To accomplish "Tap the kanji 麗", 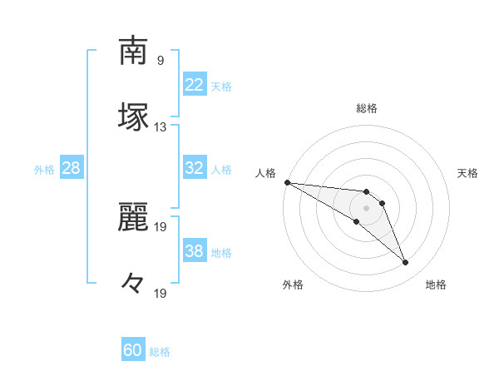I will click(133, 215).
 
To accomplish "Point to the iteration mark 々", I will click(133, 284).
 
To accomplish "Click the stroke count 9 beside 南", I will click(161, 61).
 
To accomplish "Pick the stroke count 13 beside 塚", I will click(161, 127).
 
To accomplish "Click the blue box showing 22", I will click(195, 85).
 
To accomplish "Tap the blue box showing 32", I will click(195, 168).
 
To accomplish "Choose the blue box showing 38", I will click(195, 251).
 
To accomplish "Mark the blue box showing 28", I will click(72, 168).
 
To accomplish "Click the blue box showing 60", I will click(133, 350).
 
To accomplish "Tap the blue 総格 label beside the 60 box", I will click(160, 352).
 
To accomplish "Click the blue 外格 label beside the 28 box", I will click(44, 170).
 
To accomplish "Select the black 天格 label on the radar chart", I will click(468, 173).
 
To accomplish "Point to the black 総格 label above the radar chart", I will click(367, 108).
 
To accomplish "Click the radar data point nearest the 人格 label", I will click(287, 182).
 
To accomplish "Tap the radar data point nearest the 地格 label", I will click(406, 263).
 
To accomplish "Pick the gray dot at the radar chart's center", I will click(367, 208).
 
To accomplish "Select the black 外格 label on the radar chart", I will click(293, 285).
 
